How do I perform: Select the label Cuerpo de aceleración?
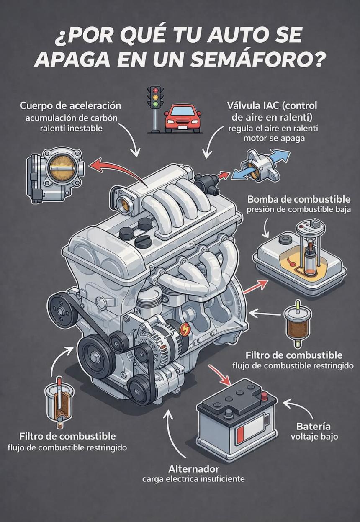(70, 105)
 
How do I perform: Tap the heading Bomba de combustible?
(299, 199)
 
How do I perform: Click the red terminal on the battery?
(265, 395)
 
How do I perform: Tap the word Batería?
(313, 427)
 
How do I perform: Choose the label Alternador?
(193, 468)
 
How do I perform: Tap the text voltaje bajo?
(314, 437)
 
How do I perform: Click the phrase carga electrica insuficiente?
(193, 478)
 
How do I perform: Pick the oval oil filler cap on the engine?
(143, 242)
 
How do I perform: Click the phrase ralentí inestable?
(70, 128)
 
